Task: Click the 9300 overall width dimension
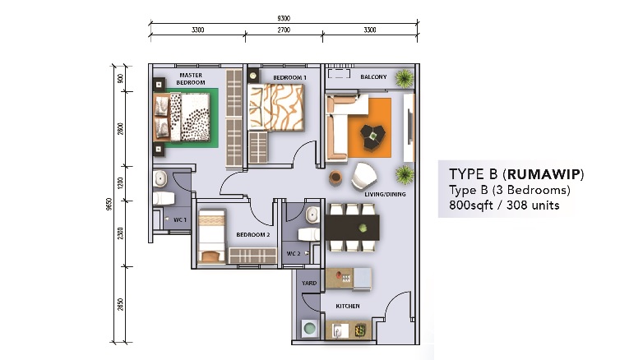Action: (284, 18)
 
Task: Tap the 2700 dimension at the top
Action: (284, 30)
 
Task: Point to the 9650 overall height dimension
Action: (109, 204)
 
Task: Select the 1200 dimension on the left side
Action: (120, 183)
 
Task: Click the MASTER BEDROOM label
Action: (191, 79)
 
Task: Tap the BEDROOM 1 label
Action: (289, 77)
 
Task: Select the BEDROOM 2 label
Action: (253, 235)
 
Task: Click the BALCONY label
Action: (373, 76)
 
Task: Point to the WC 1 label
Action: (179, 219)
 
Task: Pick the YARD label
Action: (309, 283)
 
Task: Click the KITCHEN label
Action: (348, 306)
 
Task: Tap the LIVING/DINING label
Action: (385, 194)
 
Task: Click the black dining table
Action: (352, 228)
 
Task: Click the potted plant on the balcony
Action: (405, 78)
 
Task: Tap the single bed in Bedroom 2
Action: (211, 237)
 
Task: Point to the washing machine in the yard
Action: (310, 329)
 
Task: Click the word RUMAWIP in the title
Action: (544, 174)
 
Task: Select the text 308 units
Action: (533, 205)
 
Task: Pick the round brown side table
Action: (335, 178)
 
